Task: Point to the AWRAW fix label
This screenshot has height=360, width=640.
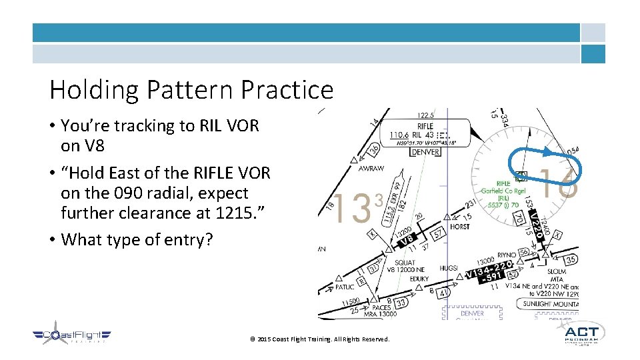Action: [371, 169]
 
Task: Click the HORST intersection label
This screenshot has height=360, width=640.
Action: [459, 227]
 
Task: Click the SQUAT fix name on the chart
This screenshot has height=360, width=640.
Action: [405, 263]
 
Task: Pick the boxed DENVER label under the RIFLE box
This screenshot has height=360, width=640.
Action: [425, 152]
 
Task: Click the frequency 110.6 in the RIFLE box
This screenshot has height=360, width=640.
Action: [400, 135]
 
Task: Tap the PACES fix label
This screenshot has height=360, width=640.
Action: [381, 307]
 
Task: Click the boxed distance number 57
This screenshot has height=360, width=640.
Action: [438, 235]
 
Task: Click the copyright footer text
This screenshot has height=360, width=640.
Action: [319, 339]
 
